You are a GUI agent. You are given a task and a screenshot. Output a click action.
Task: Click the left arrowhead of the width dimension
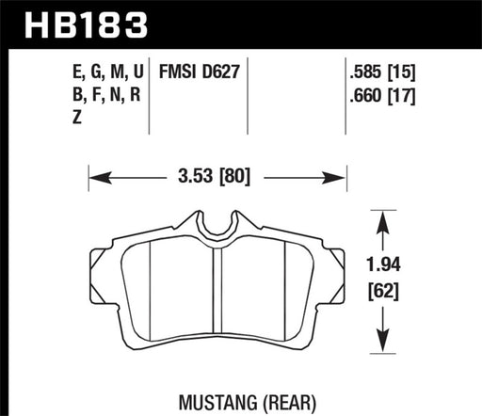tap(93, 175)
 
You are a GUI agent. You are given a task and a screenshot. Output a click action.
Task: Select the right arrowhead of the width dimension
tap(342, 175)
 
